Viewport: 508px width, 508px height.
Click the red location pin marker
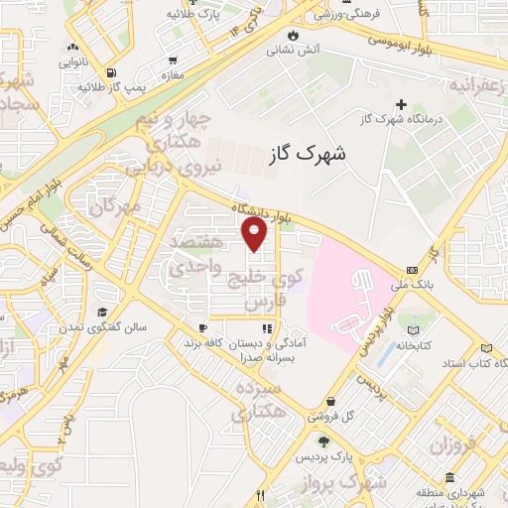tap(255, 234)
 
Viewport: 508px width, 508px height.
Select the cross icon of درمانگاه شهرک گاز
tap(401, 104)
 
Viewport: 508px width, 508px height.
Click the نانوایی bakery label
tap(72, 63)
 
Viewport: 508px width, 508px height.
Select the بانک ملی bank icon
tap(411, 270)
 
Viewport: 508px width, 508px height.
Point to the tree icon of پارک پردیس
tap(321, 441)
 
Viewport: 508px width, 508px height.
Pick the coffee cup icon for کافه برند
tap(202, 327)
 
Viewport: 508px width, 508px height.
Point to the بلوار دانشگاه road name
tap(261, 212)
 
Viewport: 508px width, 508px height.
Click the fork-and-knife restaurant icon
tap(261, 494)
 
